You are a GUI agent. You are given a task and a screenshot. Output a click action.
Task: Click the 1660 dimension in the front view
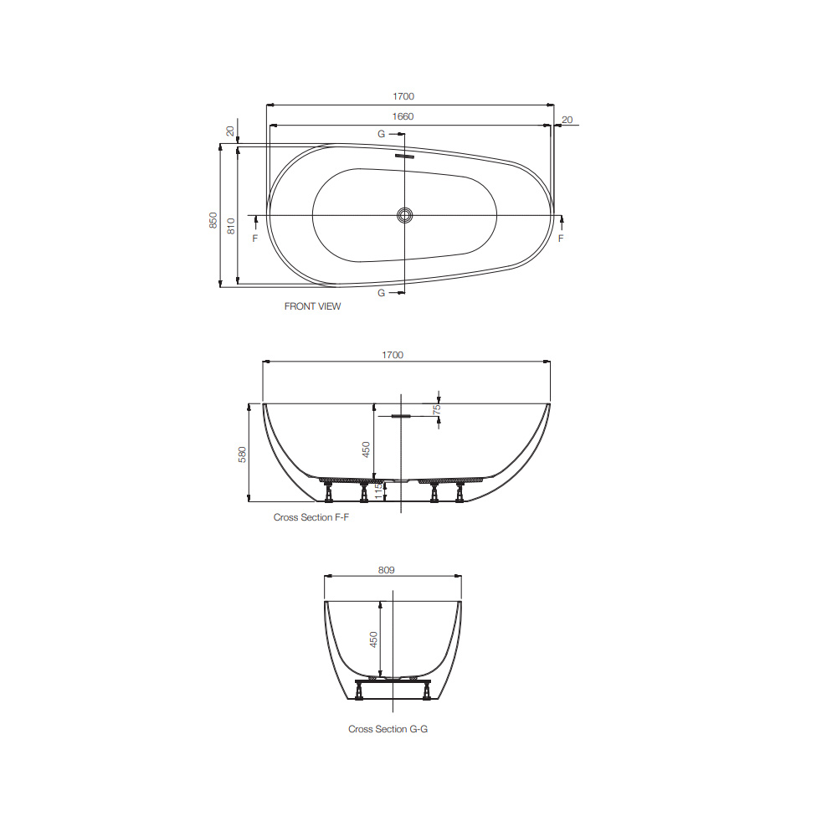tap(402, 116)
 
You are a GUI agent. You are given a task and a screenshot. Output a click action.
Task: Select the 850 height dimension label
tap(213, 220)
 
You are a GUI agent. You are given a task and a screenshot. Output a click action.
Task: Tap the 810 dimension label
tap(231, 223)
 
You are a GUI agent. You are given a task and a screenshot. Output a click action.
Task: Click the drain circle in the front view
tap(405, 215)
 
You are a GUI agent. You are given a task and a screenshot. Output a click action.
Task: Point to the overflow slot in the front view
tap(405, 155)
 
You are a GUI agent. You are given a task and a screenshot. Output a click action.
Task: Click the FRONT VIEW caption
tap(312, 306)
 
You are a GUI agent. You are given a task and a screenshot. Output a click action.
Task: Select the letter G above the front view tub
tap(381, 134)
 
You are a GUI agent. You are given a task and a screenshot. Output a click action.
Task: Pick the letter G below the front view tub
tap(381, 293)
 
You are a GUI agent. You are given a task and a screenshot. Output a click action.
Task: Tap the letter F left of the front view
tap(255, 239)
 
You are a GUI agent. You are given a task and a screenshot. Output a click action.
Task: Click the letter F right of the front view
tap(561, 239)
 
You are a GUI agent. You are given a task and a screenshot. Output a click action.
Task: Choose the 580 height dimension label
tap(243, 454)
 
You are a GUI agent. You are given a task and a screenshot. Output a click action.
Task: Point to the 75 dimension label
tap(437, 409)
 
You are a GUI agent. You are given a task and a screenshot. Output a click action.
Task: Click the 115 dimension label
tap(377, 490)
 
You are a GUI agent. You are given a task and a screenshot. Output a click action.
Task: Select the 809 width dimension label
tap(386, 570)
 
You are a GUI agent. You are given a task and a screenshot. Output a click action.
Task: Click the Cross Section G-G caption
tap(388, 729)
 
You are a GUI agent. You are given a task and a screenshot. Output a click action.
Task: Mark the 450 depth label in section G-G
tap(374, 639)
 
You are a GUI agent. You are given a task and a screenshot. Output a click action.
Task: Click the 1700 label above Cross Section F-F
tap(393, 355)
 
